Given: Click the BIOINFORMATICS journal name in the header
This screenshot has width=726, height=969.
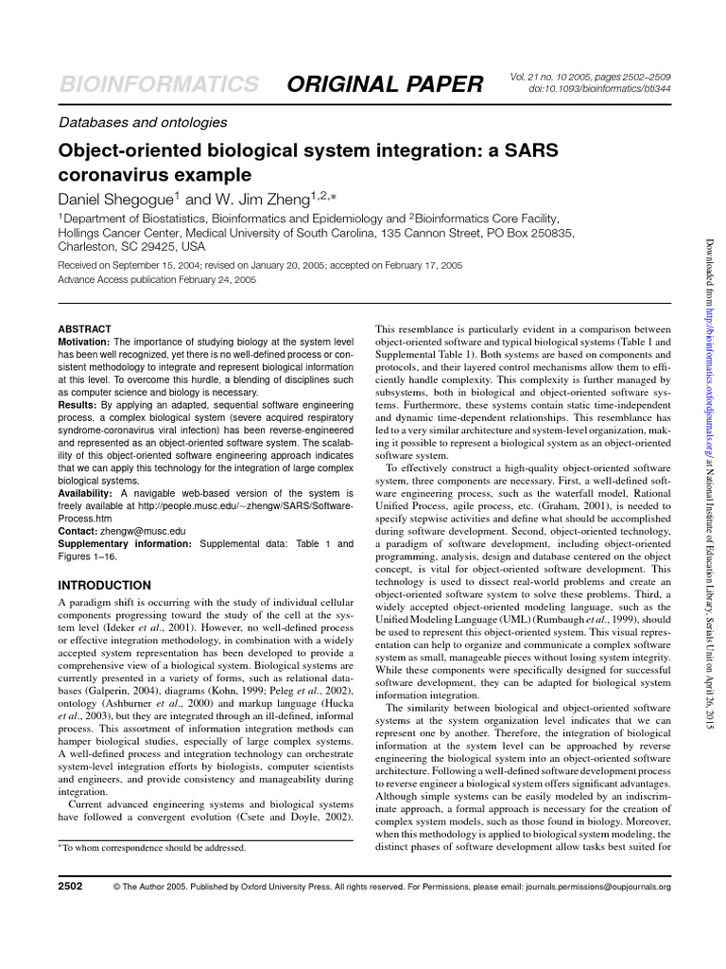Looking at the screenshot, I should click(x=158, y=83).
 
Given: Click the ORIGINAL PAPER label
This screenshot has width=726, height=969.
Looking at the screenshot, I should click(x=386, y=83).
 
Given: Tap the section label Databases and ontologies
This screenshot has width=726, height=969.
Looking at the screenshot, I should click(x=143, y=122).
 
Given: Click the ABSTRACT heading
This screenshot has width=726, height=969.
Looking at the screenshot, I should click(x=85, y=327).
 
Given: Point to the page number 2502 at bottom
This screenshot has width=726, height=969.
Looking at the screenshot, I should click(x=71, y=887).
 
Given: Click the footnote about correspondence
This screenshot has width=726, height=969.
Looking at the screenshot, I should click(x=152, y=848).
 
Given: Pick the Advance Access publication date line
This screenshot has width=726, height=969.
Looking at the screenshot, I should click(x=157, y=280).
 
